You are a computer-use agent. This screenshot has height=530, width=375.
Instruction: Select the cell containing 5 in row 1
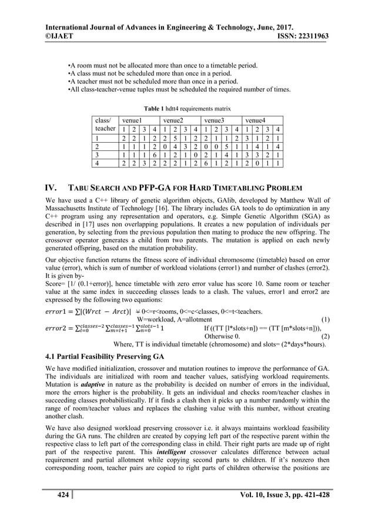click(x=176, y=137)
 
